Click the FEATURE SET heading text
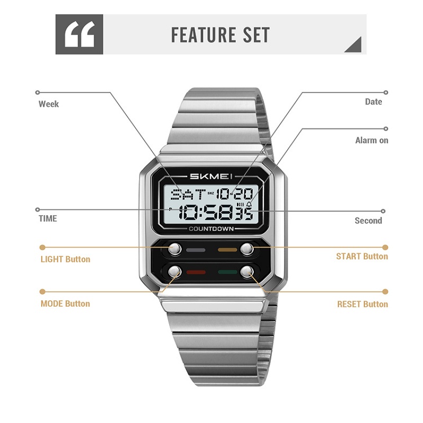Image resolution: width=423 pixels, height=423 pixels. [x=220, y=35]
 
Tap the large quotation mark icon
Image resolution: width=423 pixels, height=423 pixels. [x=79, y=34]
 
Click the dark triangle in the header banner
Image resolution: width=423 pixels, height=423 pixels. [x=353, y=44]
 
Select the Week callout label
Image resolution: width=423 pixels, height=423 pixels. [x=49, y=104]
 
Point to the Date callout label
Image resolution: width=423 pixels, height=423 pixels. [x=373, y=102]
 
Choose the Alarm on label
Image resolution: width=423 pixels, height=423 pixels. [x=372, y=140]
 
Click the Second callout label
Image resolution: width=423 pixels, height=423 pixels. [x=368, y=220]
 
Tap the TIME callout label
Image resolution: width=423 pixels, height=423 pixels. [x=48, y=218]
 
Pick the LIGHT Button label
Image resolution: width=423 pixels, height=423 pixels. [x=65, y=259]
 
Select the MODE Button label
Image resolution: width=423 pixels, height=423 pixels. [x=65, y=304]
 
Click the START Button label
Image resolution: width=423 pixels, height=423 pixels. [x=362, y=256]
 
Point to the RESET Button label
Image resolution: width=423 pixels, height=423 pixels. [x=363, y=305]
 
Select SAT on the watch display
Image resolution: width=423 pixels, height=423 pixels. [x=188, y=194]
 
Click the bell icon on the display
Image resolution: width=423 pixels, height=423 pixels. [x=249, y=205]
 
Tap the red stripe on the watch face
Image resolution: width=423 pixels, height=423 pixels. [x=196, y=272]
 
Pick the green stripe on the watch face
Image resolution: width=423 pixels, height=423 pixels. [x=228, y=272]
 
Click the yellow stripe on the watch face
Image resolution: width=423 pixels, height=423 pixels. [x=227, y=250]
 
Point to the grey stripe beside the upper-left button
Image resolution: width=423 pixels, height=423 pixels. [x=196, y=250]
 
